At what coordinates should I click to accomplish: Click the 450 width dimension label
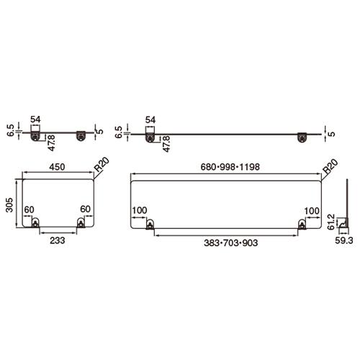57,167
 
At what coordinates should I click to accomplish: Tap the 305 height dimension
9,204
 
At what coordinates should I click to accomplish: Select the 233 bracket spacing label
58,240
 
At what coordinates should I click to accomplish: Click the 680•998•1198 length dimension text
230,167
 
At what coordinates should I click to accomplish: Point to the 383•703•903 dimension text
230,243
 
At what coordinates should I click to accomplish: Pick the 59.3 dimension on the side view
344,240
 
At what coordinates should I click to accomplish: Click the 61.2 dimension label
330,222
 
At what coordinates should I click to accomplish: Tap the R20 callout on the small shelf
102,164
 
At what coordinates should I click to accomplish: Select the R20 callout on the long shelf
330,166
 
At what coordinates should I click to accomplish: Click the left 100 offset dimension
140,210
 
